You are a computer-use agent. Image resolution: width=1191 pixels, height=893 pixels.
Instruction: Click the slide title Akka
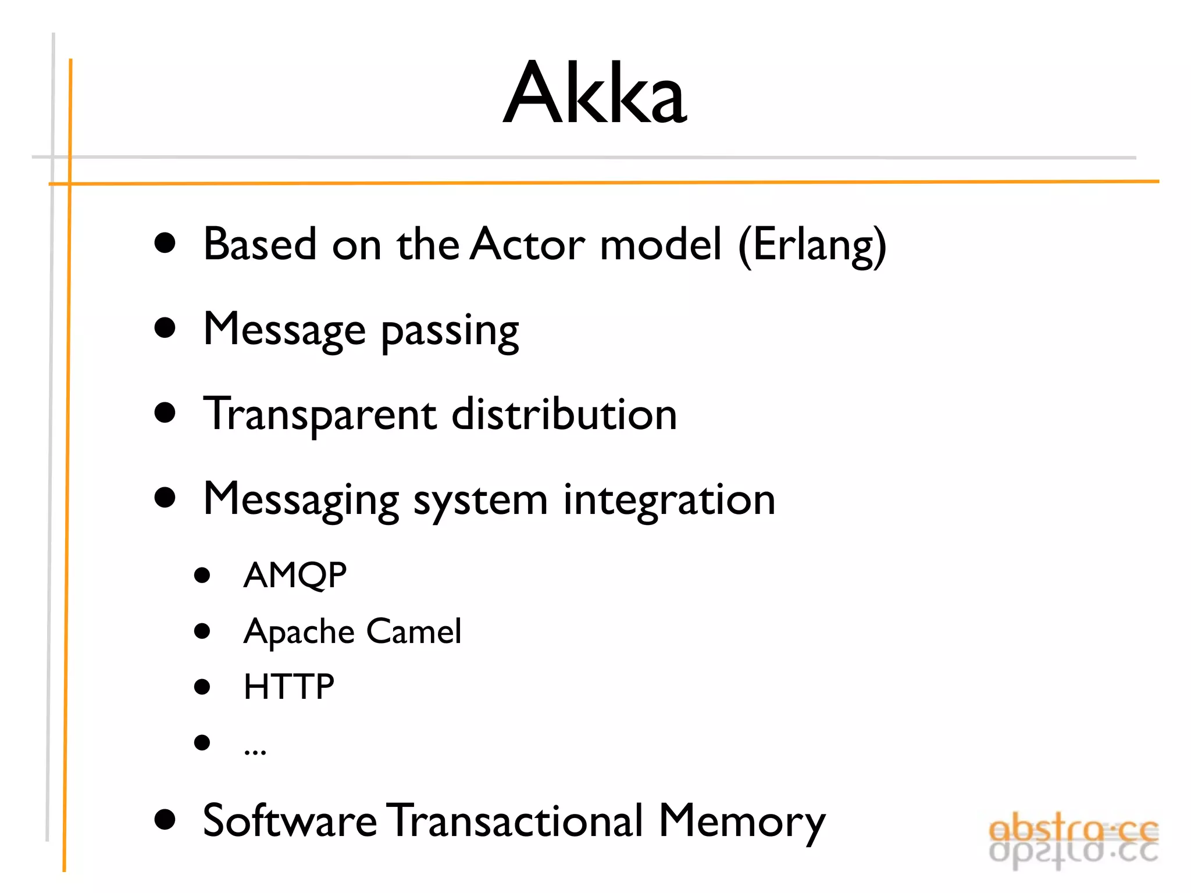click(595, 93)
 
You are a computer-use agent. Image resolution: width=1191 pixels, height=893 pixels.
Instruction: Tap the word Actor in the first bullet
click(527, 244)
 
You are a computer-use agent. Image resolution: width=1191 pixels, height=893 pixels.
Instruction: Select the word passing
click(450, 331)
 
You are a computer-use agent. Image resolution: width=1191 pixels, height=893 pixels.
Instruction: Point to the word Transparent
click(319, 415)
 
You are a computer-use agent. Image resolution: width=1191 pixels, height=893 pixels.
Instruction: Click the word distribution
click(564, 414)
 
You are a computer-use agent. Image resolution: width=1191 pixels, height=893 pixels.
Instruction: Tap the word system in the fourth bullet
click(480, 501)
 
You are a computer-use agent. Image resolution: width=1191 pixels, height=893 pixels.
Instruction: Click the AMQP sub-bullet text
click(295, 576)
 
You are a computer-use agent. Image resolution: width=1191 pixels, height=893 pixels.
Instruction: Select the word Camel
click(413, 631)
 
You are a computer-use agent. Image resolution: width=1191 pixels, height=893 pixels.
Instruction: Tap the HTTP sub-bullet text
click(288, 687)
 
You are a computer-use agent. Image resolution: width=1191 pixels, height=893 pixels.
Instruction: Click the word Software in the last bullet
click(290, 821)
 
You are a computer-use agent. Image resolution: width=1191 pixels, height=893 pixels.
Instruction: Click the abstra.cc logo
click(1073, 840)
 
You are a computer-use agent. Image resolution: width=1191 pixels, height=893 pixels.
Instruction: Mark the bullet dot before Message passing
click(165, 328)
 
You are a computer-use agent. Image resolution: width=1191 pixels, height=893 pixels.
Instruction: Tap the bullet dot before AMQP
click(202, 576)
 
